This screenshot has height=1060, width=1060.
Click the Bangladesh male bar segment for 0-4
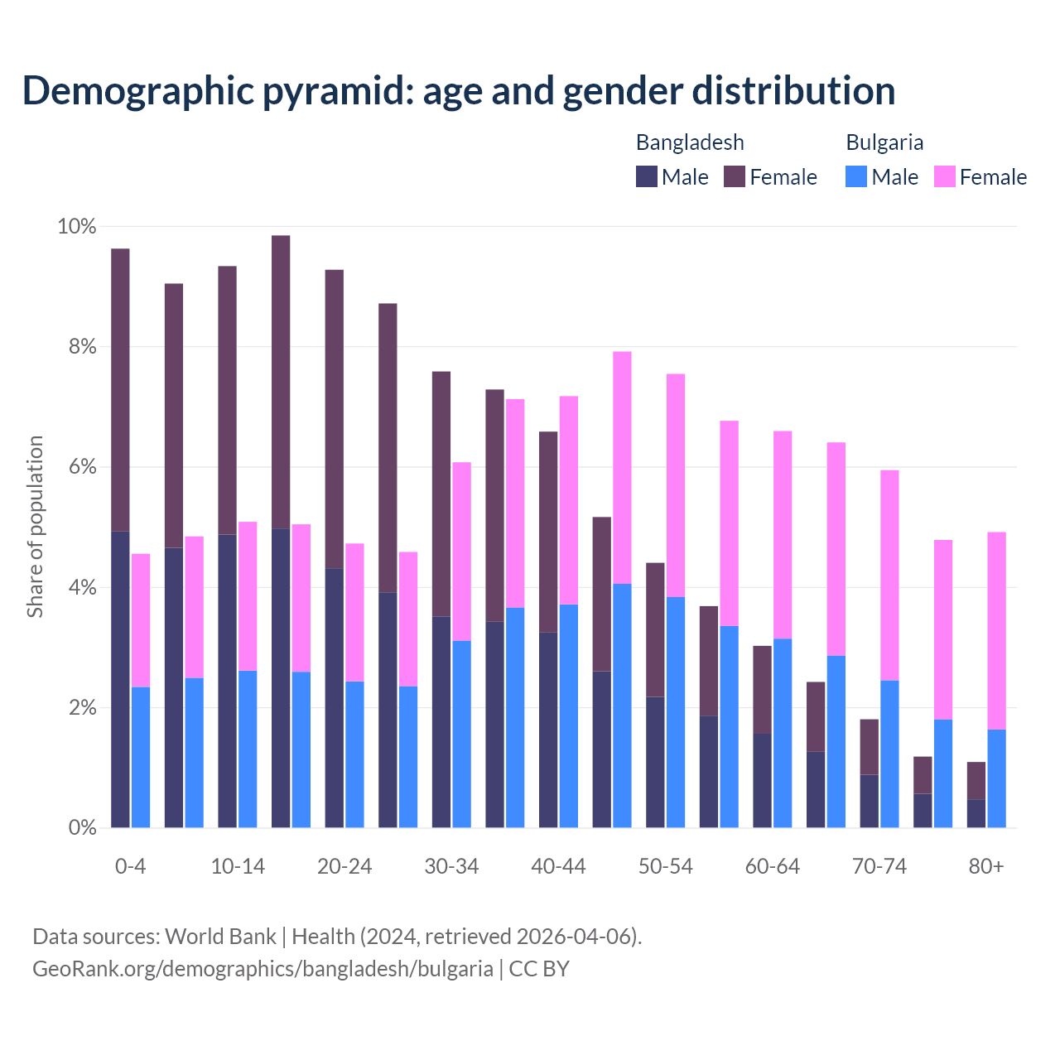[120, 679]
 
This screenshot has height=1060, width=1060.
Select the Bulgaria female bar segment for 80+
[997, 630]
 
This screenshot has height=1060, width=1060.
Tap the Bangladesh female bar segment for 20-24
[335, 419]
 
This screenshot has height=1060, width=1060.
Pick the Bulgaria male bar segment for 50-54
[676, 712]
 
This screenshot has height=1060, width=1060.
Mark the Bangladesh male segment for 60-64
[762, 780]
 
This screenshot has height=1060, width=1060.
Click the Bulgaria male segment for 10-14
[248, 749]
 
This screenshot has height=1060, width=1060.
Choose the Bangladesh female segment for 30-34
[441, 494]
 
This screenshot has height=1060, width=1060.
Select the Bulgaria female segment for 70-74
[889, 575]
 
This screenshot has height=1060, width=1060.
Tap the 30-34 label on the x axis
[451, 867]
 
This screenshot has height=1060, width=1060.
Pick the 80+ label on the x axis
[986, 867]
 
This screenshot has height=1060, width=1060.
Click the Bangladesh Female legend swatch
[735, 176]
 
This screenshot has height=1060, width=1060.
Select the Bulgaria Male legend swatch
[856, 176]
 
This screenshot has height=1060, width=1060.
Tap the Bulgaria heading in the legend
[884, 142]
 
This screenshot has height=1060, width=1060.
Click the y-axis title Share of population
[35, 527]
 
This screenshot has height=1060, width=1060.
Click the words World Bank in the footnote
[220, 937]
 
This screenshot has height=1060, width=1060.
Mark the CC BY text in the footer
[539, 969]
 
